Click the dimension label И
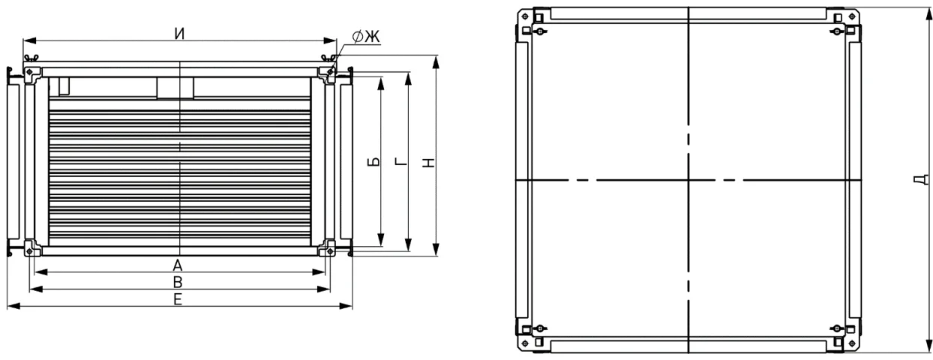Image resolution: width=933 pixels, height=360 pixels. pos(179,34)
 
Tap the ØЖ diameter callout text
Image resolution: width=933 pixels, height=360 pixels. pos(366,37)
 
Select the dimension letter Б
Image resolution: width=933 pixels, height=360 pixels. pos(374,162)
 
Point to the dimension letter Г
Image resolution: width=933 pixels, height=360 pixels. pos(401,161)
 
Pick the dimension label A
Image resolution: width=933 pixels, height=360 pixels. pos(178,265)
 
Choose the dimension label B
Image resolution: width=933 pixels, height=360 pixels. pos(178,282)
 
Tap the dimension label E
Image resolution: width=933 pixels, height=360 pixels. pos(178,299)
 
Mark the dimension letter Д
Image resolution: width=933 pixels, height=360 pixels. pos(921,180)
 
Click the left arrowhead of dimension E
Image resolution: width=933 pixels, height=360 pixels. pos(13,306)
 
